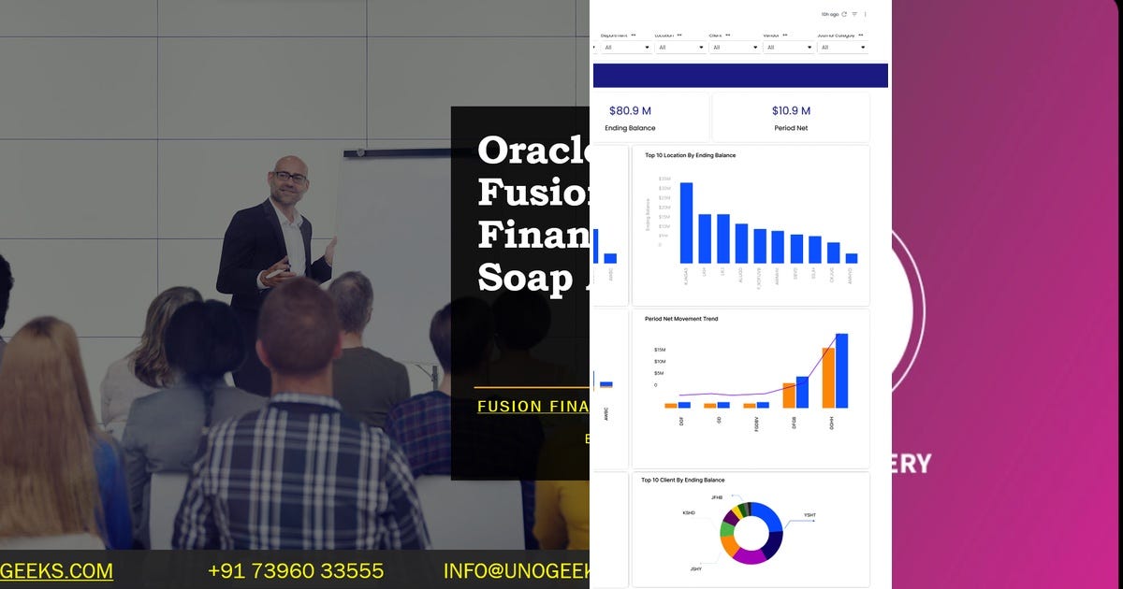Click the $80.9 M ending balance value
pyautogui.click(x=630, y=111)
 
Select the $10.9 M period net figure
pyautogui.click(x=791, y=111)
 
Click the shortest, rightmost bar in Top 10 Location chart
pyautogui.click(x=852, y=258)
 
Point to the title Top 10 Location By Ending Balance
pyautogui.click(x=690, y=155)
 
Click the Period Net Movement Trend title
pyautogui.click(x=681, y=319)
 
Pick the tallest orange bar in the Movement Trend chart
pyautogui.click(x=828, y=378)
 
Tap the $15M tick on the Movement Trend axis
pyautogui.click(x=660, y=350)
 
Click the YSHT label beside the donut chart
pyautogui.click(x=809, y=515)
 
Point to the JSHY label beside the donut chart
pyautogui.click(x=697, y=568)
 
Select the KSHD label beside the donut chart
pyautogui.click(x=689, y=512)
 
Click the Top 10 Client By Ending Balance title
pyautogui.click(x=682, y=481)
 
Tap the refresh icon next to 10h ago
pyautogui.click(x=844, y=14)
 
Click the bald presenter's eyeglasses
pyautogui.click(x=290, y=176)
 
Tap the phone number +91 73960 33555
pyautogui.click(x=296, y=570)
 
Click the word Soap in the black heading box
pyautogui.click(x=523, y=278)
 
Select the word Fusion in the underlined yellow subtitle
pyautogui.click(x=510, y=407)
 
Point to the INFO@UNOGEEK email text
pyautogui.click(x=516, y=570)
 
